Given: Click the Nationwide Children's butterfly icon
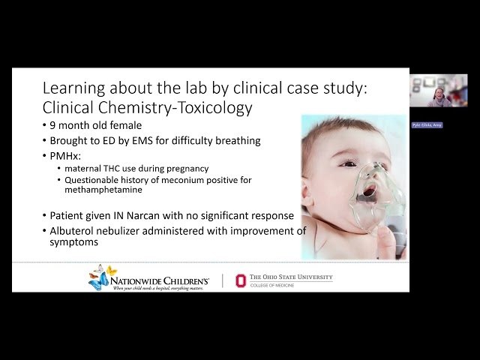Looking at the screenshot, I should pos(99,277).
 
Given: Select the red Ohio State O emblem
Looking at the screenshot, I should pos(241,280).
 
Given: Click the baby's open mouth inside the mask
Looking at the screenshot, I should pos(369,191).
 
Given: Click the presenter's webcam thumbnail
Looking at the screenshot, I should pos(438,90).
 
